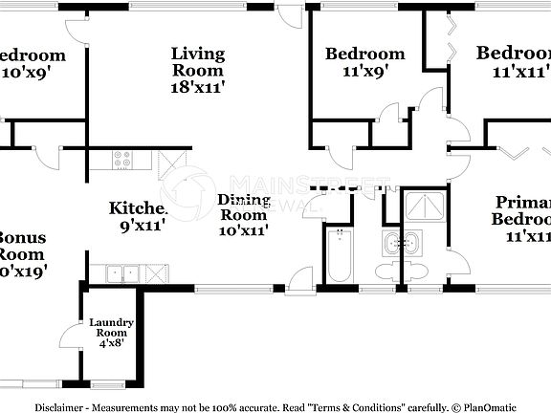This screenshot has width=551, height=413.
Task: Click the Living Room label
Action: coord(198,61)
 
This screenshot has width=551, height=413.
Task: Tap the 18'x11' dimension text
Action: coord(198,85)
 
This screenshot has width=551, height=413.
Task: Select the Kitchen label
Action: coord(139,207)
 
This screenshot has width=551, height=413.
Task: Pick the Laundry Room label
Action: coord(111,328)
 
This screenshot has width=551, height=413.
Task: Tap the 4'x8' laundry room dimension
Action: coord(111,344)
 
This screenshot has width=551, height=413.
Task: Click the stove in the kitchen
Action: coord(122,161)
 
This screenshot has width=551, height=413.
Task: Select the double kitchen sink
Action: coord(121,273)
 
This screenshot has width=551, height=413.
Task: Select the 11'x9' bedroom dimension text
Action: coord(364,71)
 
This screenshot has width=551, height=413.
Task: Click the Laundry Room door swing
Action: coord(69,336)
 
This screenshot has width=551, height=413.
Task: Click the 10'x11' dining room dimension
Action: coord(243,229)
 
